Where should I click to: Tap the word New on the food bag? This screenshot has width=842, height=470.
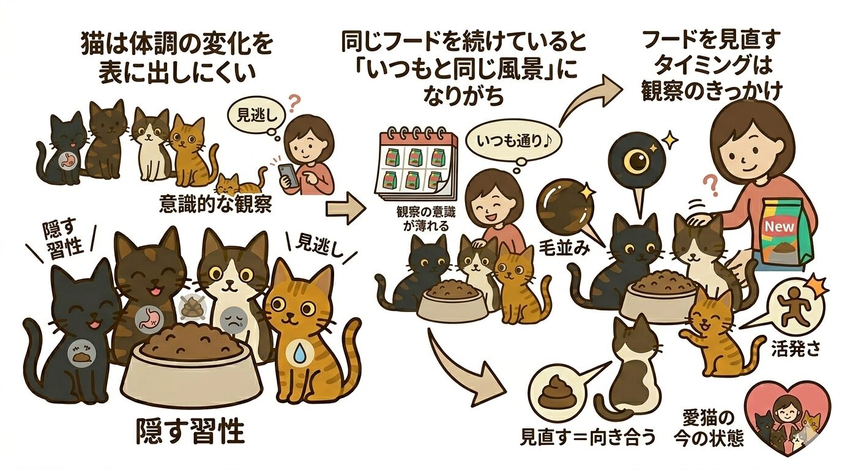tap(780, 227)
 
